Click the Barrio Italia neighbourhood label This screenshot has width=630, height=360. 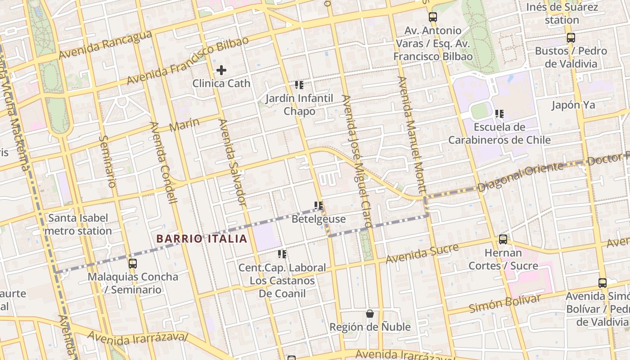[202, 239]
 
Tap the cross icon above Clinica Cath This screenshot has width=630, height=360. [221, 70]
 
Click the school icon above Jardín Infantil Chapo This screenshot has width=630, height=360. [299, 85]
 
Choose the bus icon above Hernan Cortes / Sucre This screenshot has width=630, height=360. [503, 239]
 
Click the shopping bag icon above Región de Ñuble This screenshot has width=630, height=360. [370, 314]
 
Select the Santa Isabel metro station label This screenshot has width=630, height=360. [79, 225]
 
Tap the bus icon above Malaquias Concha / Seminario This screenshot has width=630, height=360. [132, 264]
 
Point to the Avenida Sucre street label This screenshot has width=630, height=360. [422, 253]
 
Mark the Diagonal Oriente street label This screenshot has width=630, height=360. [520, 177]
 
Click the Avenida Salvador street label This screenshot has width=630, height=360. [232, 162]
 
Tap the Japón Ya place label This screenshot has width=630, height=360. [573, 105]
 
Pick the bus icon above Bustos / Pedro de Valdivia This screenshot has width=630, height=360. [571, 38]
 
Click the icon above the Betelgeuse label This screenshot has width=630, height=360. [319, 206]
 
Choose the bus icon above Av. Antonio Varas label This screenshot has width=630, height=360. [433, 17]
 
